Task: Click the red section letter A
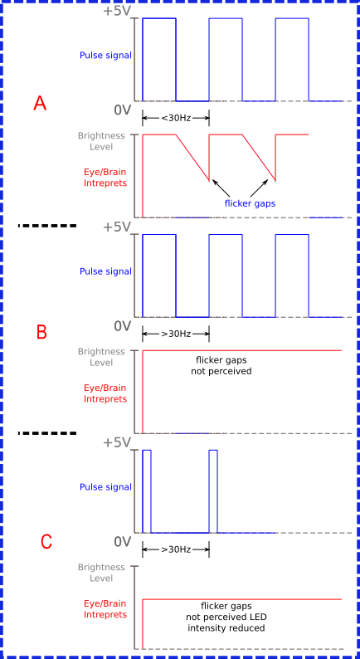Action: pyautogui.click(x=40, y=103)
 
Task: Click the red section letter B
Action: pyautogui.click(x=41, y=332)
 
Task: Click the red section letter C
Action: pyautogui.click(x=46, y=541)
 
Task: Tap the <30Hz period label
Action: pyautogui.click(x=176, y=118)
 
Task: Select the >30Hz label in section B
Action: pyautogui.click(x=176, y=334)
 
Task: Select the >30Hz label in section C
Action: pyautogui.click(x=176, y=549)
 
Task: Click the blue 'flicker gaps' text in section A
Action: pyautogui.click(x=250, y=204)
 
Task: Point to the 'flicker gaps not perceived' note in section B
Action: pyautogui.click(x=221, y=366)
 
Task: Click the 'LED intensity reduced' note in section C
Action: pyautogui.click(x=226, y=618)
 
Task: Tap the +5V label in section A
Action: pyautogui.click(x=117, y=11)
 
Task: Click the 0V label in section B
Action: pyautogui.click(x=123, y=326)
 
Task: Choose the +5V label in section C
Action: pyautogui.click(x=117, y=442)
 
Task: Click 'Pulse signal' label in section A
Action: pyautogui.click(x=105, y=56)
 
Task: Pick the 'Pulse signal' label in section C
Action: pyautogui.click(x=105, y=487)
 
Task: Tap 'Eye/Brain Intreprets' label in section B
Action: pyautogui.click(x=105, y=393)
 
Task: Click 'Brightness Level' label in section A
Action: pyautogui.click(x=101, y=141)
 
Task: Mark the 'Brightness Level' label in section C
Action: pyautogui.click(x=101, y=573)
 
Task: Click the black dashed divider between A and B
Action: pyautogui.click(x=47, y=226)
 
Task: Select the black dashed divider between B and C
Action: pyautogui.click(x=47, y=433)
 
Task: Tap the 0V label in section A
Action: pyautogui.click(x=123, y=110)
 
